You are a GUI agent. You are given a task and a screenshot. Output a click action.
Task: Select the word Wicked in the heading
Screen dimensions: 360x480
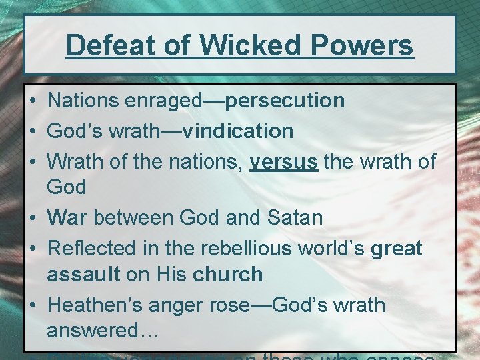(232, 45)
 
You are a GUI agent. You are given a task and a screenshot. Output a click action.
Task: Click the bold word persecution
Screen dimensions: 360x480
(285, 101)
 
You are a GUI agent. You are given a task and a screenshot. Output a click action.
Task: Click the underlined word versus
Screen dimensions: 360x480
(284, 161)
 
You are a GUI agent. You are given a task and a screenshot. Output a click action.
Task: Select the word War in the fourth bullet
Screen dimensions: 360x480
(67, 217)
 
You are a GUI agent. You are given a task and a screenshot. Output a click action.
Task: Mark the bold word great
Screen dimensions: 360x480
(396, 249)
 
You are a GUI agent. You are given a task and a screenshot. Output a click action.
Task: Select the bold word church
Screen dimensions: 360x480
(227, 274)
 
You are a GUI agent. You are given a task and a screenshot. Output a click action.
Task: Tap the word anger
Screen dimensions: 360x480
(179, 306)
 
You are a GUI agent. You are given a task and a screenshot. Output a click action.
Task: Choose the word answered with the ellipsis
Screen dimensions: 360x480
(102, 331)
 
